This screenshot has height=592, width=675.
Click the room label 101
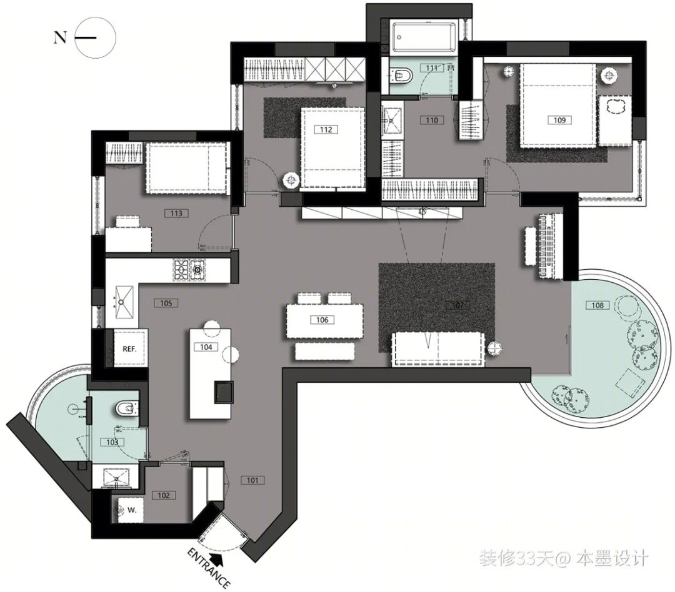point(252,480)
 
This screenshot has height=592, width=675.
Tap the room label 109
point(559,120)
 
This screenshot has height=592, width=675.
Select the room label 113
point(176,213)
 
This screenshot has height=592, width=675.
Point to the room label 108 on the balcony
point(597,305)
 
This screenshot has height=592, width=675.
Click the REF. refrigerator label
point(129,349)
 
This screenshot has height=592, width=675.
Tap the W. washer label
point(132,510)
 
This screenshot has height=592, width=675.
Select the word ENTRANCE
point(208,568)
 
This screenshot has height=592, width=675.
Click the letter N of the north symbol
point(60,38)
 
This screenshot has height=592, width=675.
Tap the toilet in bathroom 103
point(127,408)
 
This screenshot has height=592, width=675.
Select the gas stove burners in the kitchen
point(189,270)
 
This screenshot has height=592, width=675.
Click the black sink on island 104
point(224,392)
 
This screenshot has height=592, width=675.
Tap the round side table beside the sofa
point(495,348)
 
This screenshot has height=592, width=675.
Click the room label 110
point(432,120)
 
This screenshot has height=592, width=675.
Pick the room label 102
point(164,495)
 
